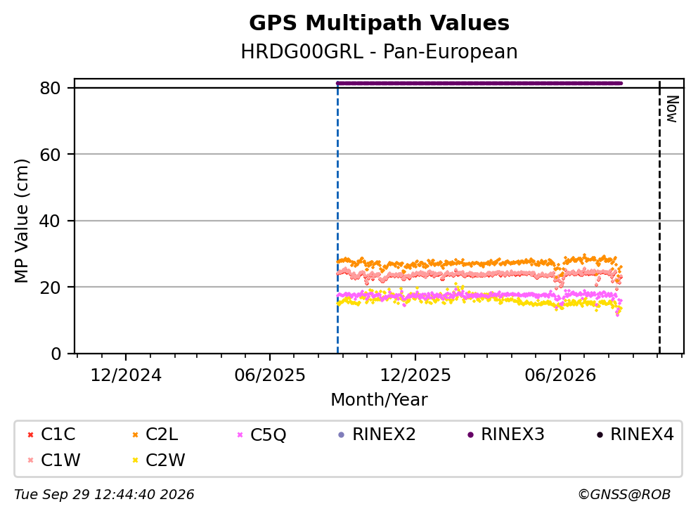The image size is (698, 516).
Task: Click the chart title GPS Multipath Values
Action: coord(379,23)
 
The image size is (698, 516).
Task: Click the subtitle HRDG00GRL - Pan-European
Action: coord(379,51)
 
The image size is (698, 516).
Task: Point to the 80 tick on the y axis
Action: coord(50,88)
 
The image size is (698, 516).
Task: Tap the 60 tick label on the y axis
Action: coord(50,155)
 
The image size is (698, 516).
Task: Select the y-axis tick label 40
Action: coord(50,221)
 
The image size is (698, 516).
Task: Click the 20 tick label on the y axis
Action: coord(50,287)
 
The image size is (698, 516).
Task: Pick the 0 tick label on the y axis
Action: coord(56,354)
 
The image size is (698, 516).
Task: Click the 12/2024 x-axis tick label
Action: coord(126,375)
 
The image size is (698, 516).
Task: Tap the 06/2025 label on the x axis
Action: coord(270,375)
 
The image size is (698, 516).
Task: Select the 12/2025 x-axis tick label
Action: coord(415,375)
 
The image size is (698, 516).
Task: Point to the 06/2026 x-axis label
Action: coord(560,375)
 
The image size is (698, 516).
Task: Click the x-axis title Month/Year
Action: coord(379,400)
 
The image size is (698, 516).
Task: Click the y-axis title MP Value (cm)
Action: coord(21,221)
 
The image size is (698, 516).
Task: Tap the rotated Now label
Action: coord(672,109)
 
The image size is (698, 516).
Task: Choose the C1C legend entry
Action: coord(51,434)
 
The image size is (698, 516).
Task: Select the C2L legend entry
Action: coord(155,434)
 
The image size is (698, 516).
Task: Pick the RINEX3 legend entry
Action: coord(506,434)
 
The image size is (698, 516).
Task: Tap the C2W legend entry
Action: coord(158,460)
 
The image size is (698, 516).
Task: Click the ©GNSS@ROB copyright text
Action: coord(624,495)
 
